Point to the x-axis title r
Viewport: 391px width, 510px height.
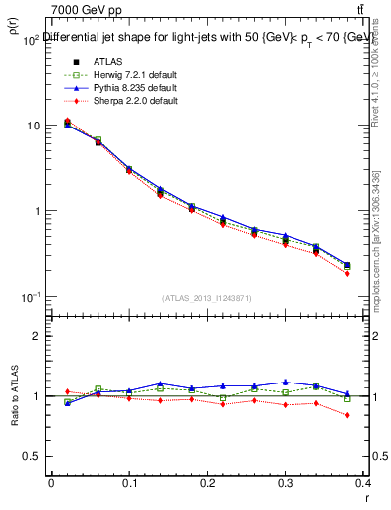366,495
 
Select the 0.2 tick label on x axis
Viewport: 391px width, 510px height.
207,482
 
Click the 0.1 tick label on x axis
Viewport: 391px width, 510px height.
128,482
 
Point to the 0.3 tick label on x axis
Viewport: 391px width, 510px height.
286,482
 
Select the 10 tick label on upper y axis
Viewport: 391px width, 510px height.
32,126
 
